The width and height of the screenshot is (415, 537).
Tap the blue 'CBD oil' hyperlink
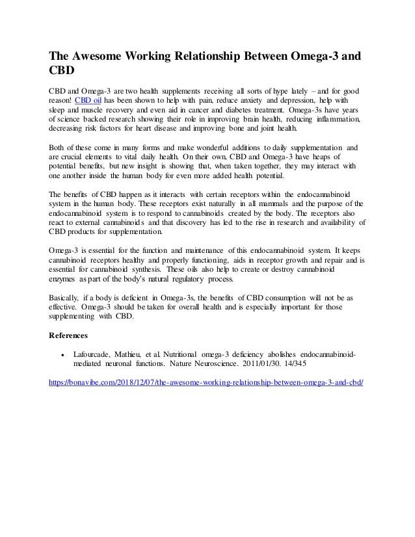pos(92,100)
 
